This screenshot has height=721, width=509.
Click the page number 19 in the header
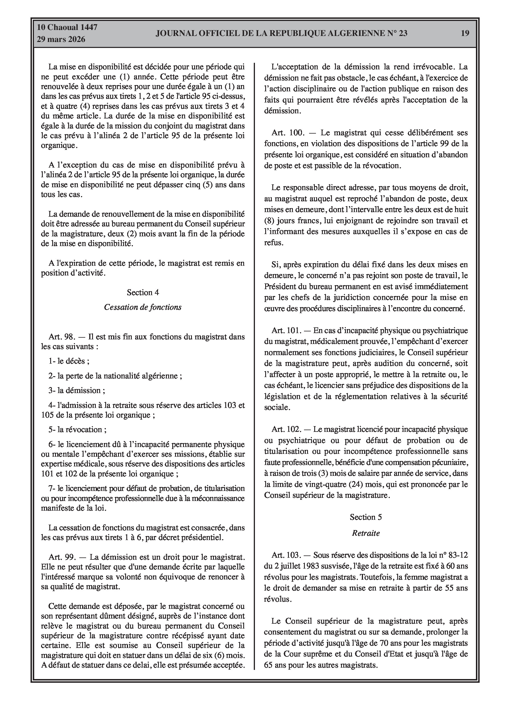465,33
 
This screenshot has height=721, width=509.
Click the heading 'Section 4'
143,293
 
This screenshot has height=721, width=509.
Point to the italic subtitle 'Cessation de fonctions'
143,307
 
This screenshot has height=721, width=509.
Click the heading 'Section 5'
366,517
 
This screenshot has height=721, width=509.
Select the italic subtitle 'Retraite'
366,533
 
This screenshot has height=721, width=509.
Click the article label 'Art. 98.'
62,337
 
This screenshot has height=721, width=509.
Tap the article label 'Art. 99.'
62,557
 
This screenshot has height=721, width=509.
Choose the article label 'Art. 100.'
288,133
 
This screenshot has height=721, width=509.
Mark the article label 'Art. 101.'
286,331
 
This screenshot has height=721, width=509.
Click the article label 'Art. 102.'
286,429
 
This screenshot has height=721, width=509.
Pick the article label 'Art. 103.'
286,555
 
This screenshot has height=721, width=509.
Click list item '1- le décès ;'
69,361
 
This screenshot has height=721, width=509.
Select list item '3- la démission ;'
77,391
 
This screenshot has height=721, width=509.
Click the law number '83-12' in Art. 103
459,555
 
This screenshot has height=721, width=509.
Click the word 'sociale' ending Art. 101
276,408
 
